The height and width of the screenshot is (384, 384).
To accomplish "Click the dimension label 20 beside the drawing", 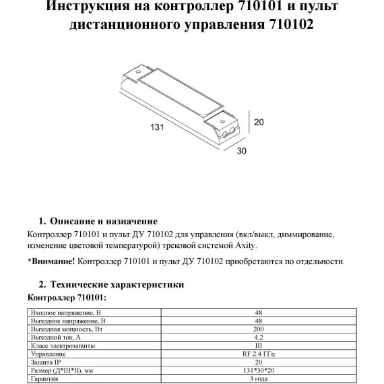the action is point(258,122).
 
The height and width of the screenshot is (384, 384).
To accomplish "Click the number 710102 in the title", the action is point(289,26).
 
